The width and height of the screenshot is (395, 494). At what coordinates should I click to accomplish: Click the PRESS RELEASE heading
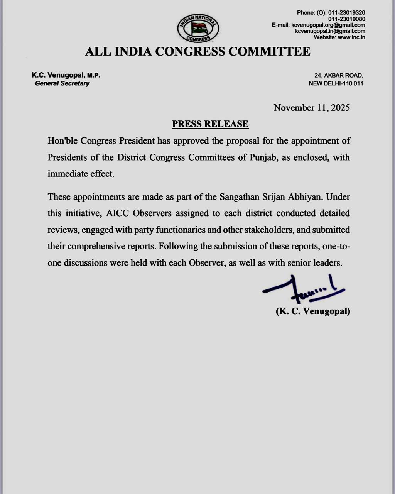point(210,124)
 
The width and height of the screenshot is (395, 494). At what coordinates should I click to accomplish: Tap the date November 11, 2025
point(312,108)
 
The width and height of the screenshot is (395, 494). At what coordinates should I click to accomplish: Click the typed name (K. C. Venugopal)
point(313,311)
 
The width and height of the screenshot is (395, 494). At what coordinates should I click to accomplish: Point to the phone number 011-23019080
point(347,19)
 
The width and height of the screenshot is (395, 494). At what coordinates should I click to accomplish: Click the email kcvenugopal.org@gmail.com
point(328,25)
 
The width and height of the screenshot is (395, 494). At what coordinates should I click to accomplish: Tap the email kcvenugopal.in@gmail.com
point(330,31)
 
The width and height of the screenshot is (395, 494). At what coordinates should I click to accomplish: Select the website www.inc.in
point(351,37)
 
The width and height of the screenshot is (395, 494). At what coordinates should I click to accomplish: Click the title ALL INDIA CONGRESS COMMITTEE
point(197,51)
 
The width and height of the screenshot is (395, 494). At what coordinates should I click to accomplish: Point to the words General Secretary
point(62,83)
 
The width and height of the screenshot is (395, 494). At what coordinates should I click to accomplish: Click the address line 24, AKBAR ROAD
point(339,76)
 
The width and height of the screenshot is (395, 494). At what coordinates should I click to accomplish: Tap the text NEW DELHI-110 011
point(336,83)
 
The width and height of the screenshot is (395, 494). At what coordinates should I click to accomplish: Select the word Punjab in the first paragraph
point(264,157)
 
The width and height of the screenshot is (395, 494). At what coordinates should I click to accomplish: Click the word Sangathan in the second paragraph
point(236,197)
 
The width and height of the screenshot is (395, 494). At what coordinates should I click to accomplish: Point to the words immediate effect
point(81,174)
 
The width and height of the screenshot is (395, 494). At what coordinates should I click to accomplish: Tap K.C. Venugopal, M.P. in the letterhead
point(66,76)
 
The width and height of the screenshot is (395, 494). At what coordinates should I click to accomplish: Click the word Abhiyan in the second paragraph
point(305,197)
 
